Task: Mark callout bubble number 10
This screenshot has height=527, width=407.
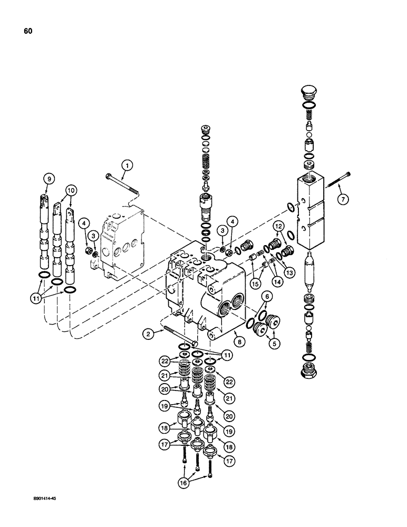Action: [x=71, y=190]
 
